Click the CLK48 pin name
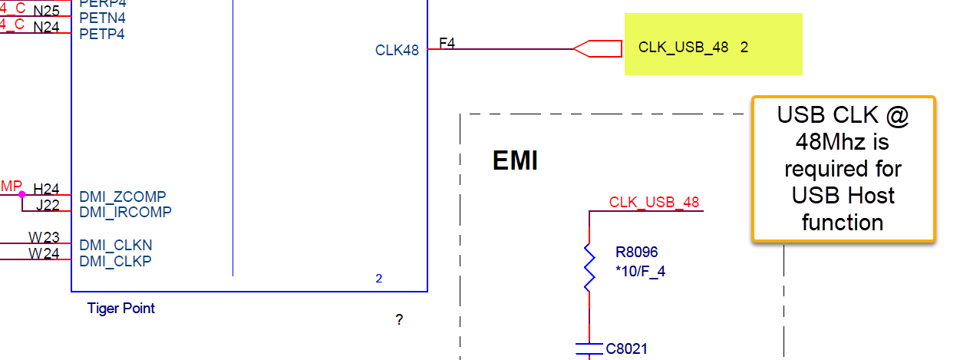click(397, 51)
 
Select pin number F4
click(447, 44)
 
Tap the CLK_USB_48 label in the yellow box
click(683, 48)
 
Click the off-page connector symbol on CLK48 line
click(598, 49)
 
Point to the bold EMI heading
click(515, 161)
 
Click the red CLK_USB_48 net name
click(654, 203)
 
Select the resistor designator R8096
click(636, 252)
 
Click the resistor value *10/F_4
click(640, 270)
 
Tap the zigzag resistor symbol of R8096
click(589, 268)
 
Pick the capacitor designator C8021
click(626, 349)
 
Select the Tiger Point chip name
click(121, 309)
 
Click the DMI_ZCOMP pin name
click(123, 197)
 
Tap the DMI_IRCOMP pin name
click(125, 212)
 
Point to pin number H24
click(46, 189)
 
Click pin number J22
click(47, 205)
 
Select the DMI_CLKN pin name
click(116, 246)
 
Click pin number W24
click(45, 253)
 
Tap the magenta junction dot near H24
click(21, 194)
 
